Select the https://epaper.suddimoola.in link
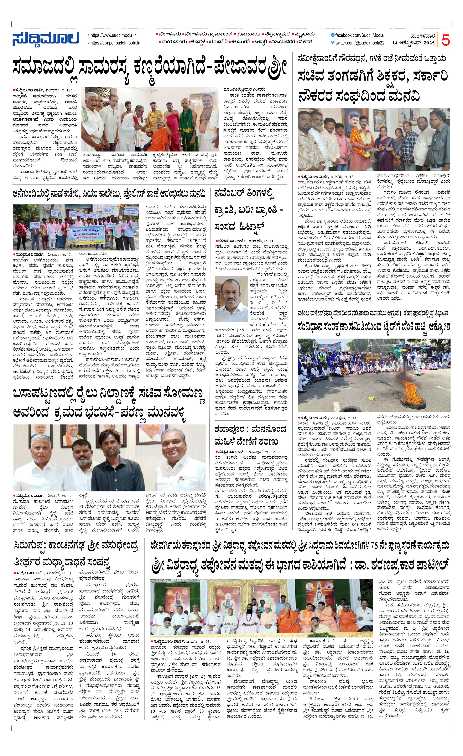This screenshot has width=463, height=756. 115,43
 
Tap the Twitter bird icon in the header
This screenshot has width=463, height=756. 333,43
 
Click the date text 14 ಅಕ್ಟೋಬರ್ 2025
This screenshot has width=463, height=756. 413,43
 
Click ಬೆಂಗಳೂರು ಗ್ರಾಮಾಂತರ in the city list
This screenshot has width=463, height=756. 206,34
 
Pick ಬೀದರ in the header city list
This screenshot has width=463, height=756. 305,41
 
